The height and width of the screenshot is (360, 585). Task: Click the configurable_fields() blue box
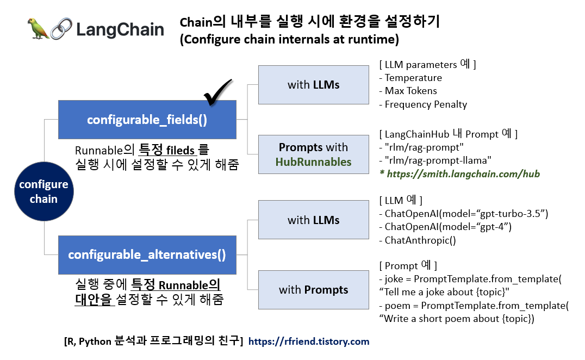[x=147, y=120]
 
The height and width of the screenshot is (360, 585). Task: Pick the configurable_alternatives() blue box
[x=147, y=255]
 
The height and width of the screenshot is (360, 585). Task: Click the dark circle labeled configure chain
[x=43, y=192]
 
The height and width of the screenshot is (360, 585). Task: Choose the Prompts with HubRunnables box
[x=314, y=154]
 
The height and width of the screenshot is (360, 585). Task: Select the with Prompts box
[x=314, y=290]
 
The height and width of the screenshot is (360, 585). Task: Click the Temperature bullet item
[x=413, y=78]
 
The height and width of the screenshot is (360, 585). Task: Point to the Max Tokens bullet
[x=410, y=91]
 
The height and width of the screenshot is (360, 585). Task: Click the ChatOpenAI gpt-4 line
[x=448, y=227]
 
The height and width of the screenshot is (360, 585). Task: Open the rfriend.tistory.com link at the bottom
[x=309, y=342]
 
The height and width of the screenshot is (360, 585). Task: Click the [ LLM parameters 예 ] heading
[x=427, y=65]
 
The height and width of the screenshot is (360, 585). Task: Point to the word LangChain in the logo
[x=120, y=29]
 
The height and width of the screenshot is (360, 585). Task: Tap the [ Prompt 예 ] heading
[x=408, y=266]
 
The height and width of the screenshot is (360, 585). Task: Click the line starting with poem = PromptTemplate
[x=473, y=306]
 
